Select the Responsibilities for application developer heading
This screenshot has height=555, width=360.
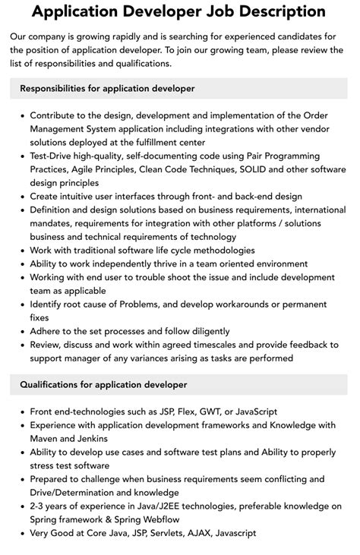pyautogui.click(x=107, y=89)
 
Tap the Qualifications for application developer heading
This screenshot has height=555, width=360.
pyautogui.click(x=103, y=385)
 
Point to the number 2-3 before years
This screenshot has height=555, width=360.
pyautogui.click(x=41, y=506)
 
